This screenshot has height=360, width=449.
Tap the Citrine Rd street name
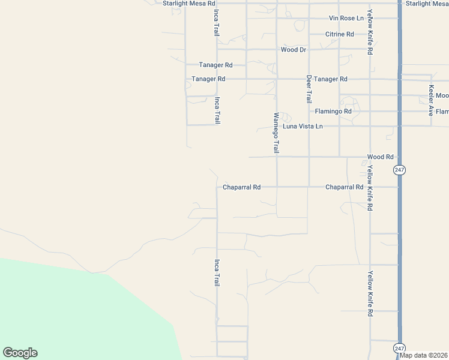click(x=339, y=34)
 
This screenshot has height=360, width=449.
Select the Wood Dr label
click(x=294, y=50)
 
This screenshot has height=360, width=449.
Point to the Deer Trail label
click(x=309, y=88)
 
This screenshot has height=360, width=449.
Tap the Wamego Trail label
click(x=277, y=132)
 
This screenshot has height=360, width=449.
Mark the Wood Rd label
click(x=380, y=157)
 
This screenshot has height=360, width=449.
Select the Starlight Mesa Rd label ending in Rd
click(x=190, y=4)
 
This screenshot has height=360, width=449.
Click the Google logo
click(x=20, y=353)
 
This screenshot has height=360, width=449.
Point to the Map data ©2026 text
click(x=423, y=355)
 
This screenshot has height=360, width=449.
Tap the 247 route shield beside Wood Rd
click(x=400, y=170)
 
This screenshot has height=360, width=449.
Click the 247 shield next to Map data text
click(x=400, y=348)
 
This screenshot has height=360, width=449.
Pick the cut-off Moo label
click(x=442, y=96)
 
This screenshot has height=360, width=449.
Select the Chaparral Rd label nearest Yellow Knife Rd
click(x=344, y=187)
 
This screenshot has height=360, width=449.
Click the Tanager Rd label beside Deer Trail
click(x=331, y=79)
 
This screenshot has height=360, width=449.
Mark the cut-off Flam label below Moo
click(x=442, y=112)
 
